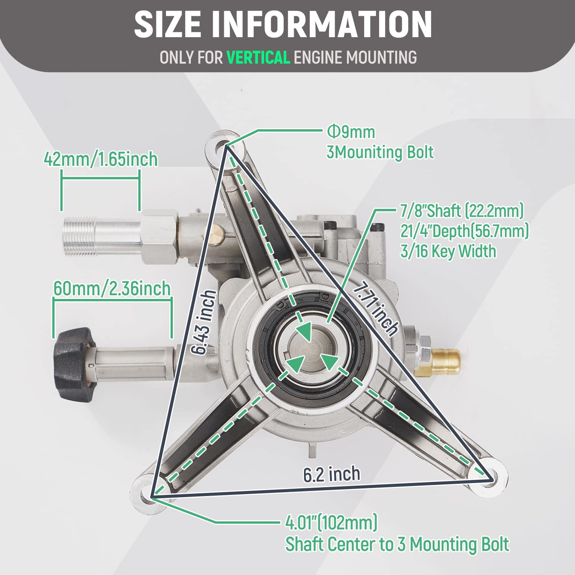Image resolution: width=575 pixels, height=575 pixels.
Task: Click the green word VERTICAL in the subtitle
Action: [x=258, y=58]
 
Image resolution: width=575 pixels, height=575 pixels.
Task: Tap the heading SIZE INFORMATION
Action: [x=283, y=24]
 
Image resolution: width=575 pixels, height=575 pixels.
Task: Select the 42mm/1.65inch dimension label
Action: [x=100, y=159]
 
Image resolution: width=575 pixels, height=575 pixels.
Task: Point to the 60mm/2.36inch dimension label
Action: [x=112, y=289]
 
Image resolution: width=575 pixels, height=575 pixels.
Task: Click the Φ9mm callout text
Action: [x=351, y=132]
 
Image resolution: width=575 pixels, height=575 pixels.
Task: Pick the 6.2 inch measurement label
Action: [x=332, y=474]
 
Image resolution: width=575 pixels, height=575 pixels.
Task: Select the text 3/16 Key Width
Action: [x=448, y=251]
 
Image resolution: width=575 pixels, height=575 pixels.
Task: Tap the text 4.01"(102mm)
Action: [x=331, y=522]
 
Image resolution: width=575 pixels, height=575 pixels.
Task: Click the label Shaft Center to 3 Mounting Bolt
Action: [x=397, y=544]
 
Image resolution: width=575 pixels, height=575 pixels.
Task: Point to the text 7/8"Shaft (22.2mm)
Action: [x=462, y=210]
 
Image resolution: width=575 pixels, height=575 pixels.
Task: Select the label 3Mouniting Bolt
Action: [x=379, y=152]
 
